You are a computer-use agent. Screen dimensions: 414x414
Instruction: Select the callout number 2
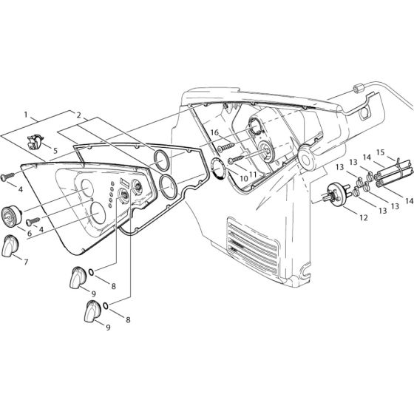pyautogui.click(x=78, y=116)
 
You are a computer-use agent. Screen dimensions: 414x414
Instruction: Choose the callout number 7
pyautogui.click(x=27, y=261)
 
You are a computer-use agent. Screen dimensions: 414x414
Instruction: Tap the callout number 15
pyautogui.click(x=381, y=153)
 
